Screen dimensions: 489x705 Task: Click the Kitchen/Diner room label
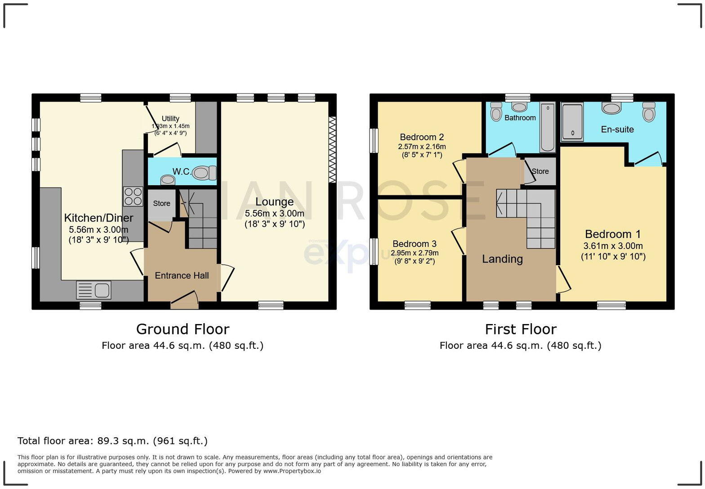pos(98,218)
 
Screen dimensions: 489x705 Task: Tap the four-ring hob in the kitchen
pos(133,196)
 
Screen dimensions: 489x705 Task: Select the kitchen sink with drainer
pos(94,290)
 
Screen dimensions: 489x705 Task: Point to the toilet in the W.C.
pos(204,173)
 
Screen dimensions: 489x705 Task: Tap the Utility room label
pos(170,119)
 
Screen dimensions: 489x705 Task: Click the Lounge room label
pos(274,202)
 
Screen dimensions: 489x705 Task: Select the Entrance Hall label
pos(182,276)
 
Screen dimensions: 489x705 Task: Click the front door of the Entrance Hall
pos(185,301)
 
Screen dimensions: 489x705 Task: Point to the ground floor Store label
pos(161,204)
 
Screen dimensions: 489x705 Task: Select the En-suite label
pos(617,129)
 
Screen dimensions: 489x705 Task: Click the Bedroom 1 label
pos(612,234)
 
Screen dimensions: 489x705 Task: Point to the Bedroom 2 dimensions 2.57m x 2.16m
pos(422,147)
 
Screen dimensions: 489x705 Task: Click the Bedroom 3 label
pos(414,244)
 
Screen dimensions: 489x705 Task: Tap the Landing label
pos(502,259)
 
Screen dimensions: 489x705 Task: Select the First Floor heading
pos(520,329)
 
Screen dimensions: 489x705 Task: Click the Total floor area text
pos(112,441)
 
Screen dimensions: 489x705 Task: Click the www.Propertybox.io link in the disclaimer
pos(292,471)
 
